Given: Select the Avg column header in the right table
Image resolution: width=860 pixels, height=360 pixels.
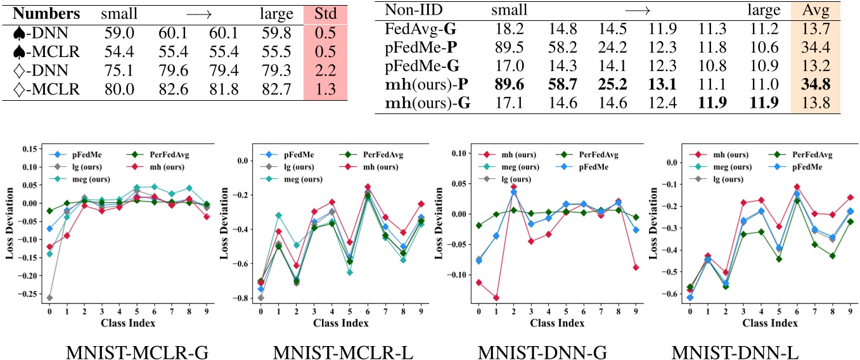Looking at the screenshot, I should [x=815, y=11].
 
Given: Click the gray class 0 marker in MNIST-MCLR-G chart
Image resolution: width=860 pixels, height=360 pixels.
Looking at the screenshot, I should [x=49, y=297].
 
